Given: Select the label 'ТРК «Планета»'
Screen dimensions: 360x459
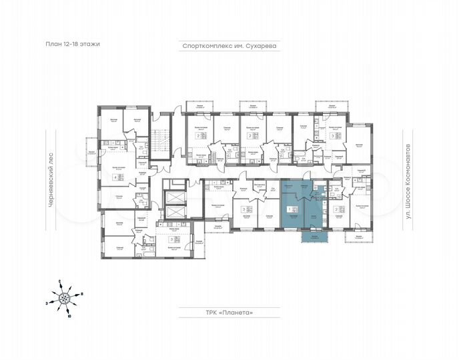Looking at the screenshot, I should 229,312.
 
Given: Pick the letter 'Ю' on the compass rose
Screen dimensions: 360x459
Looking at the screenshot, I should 67,316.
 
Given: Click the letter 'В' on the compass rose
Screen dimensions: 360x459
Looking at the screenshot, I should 81,294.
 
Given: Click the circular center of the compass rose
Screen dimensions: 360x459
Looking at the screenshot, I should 63,299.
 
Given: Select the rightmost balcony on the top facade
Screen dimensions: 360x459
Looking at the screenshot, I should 327,107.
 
